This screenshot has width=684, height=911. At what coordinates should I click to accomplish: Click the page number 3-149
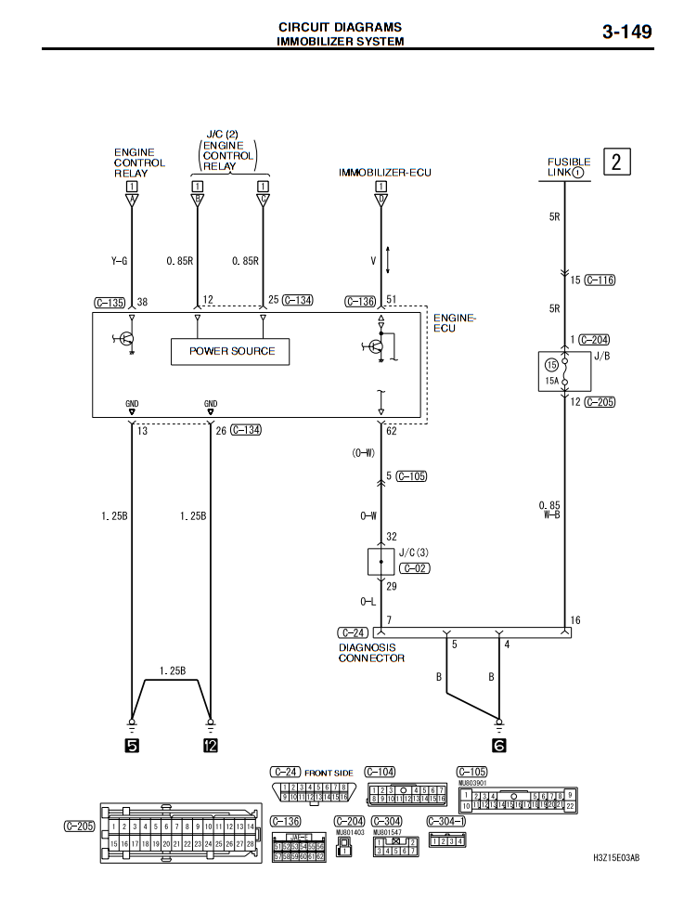(626, 32)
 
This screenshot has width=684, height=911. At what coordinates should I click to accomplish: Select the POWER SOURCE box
(231, 351)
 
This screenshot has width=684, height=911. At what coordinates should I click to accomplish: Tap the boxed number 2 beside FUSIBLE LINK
(618, 163)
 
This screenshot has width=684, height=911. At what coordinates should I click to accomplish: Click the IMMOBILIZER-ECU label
(384, 173)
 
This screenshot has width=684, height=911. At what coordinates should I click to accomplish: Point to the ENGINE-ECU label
(455, 323)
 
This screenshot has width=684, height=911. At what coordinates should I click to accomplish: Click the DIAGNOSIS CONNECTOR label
(371, 653)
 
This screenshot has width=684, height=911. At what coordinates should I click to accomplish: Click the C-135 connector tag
(110, 302)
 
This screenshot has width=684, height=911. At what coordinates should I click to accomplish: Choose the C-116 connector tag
(600, 280)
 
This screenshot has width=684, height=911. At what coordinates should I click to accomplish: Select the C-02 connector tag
(414, 567)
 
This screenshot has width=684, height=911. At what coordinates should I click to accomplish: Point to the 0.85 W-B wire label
(549, 510)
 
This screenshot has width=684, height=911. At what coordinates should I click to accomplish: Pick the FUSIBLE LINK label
(568, 166)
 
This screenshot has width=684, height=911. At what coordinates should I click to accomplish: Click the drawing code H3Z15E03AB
(616, 858)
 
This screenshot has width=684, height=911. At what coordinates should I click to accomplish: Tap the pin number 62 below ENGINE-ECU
(392, 432)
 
